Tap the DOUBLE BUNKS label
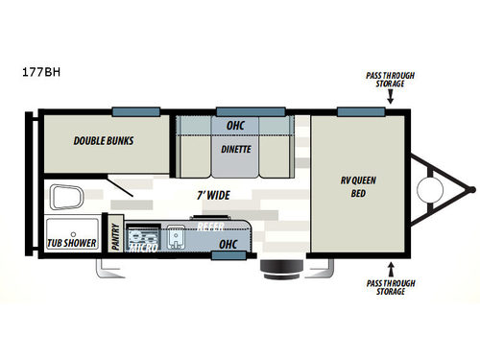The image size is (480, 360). (104, 140)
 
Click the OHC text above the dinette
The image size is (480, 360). (235, 126)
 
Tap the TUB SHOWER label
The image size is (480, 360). (72, 242)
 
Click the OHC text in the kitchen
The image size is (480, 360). (228, 245)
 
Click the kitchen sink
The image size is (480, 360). (176, 237)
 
